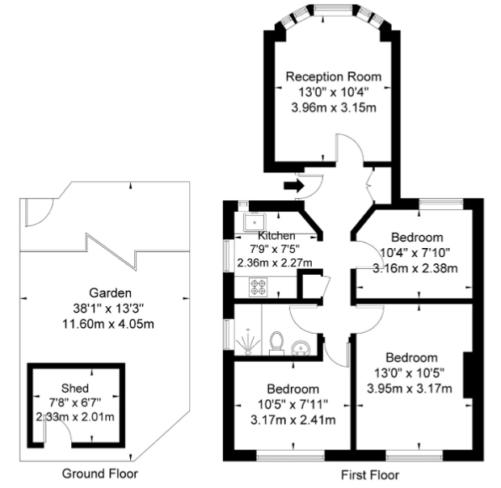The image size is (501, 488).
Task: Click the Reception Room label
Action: (x=333, y=77)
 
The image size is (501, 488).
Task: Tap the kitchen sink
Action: (x=255, y=222)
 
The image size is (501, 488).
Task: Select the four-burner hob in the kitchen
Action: (x=258, y=287)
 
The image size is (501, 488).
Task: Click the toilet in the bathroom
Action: (x=276, y=343)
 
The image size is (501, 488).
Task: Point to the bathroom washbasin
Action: (x=301, y=347)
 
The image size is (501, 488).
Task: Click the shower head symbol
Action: (x=248, y=342)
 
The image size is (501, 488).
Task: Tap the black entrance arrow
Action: (x=293, y=186)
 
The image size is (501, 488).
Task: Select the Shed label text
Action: (x=75, y=388)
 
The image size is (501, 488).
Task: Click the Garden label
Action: (x=110, y=292)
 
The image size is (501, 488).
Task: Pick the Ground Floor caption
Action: (x=100, y=473)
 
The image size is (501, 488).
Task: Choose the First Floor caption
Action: (x=370, y=475)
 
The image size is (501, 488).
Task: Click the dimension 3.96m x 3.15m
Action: (x=334, y=107)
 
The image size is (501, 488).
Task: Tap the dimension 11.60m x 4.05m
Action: (x=108, y=324)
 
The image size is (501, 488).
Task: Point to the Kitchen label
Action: (x=276, y=235)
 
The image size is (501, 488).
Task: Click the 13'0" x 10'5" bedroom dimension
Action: (x=410, y=372)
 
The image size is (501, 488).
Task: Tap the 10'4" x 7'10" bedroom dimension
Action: (x=415, y=253)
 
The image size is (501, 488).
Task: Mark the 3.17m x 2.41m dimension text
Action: (x=293, y=419)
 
